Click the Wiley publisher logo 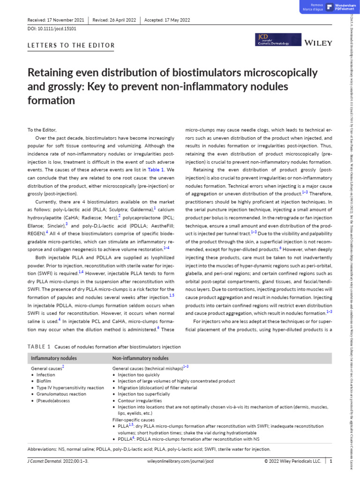(318, 43)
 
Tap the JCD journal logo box (273, 39)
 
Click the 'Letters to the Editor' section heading (72, 45)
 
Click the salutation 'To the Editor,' (42, 130)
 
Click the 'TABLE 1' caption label (39, 347)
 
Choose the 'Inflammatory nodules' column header (54, 358)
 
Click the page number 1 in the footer (331, 461)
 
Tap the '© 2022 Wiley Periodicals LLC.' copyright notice (293, 461)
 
